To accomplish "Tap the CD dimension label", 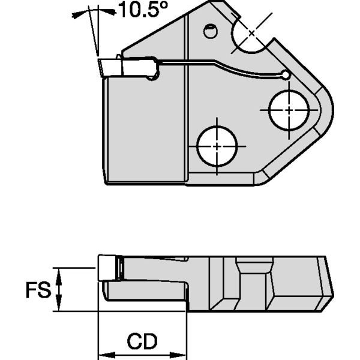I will (142, 341).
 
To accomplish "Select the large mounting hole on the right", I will (289, 110).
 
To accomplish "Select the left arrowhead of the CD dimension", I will (102, 353).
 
